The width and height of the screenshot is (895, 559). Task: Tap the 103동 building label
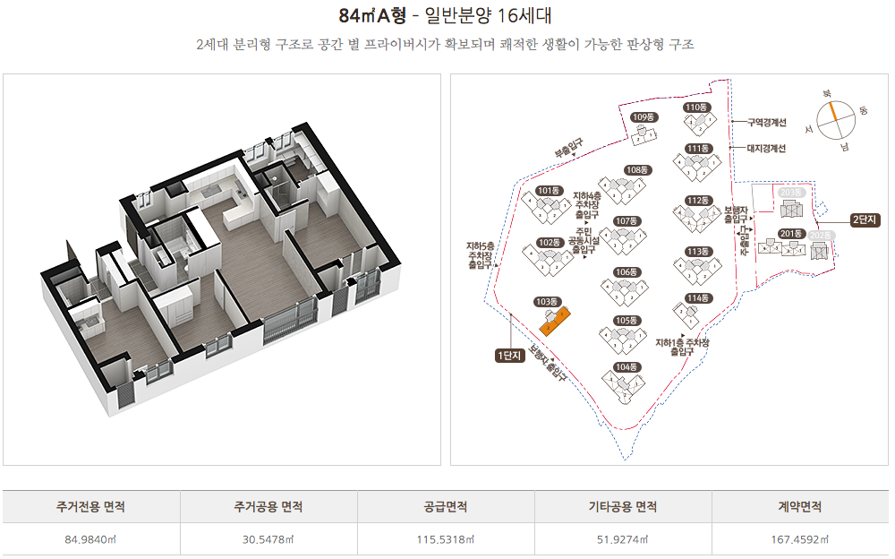pos(546,302)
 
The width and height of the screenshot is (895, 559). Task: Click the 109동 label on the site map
pos(644,117)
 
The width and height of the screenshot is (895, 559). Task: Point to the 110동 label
pos(696,107)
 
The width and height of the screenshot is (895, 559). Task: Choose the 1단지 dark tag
pos(508,356)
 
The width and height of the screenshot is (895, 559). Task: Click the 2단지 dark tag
pos(865,219)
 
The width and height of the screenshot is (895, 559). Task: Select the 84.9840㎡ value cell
pos(90,539)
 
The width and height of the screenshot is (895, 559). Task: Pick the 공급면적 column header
pos(446,507)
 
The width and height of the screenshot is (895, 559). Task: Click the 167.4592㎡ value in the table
pos(801,539)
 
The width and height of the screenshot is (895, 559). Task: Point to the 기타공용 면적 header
pos(622,507)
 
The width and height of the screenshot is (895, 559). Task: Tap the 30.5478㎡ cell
pos(268,539)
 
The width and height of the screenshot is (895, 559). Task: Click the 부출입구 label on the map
pos(569,148)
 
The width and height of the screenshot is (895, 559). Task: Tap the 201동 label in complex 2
pos(790,234)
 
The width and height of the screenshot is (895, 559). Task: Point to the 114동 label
pos(697,298)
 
